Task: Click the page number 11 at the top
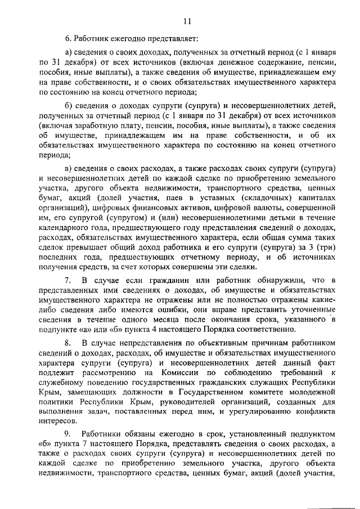187,21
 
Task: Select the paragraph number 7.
67,280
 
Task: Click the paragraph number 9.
67,433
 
